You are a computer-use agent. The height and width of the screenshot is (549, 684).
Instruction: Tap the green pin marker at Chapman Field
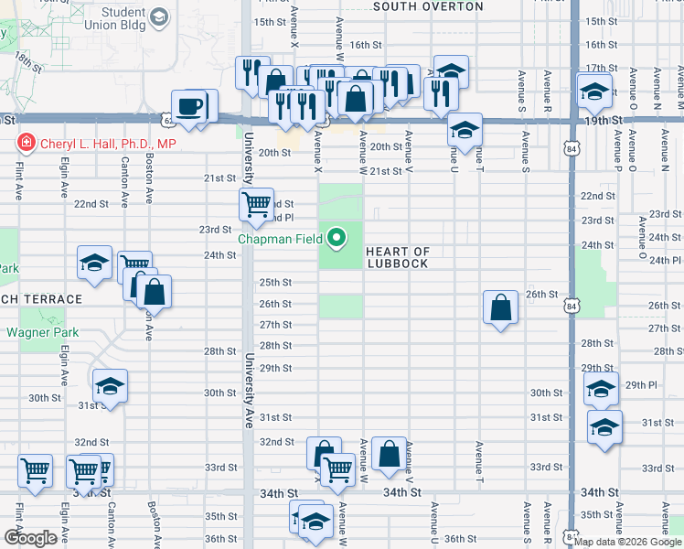(337, 239)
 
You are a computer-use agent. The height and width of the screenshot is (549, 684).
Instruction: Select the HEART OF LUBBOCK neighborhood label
(398, 258)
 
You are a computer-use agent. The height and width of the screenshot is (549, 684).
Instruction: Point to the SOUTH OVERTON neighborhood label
(428, 6)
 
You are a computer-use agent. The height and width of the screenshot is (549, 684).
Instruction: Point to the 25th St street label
(274, 283)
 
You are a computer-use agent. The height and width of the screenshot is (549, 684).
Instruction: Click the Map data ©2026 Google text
(627, 542)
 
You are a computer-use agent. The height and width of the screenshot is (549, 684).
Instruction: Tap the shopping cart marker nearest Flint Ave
(35, 471)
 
